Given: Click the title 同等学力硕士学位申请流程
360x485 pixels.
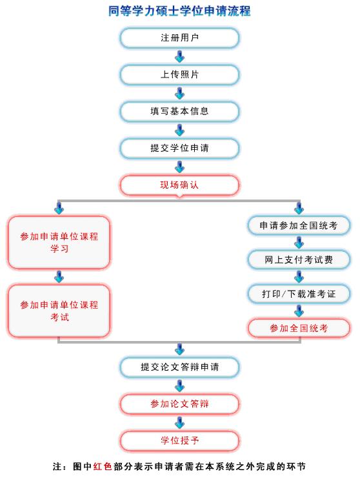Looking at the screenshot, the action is click(x=179, y=11).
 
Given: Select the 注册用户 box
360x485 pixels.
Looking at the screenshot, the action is click(x=179, y=38).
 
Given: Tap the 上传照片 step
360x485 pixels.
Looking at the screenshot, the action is click(x=179, y=74).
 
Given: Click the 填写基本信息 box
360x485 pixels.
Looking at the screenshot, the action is click(x=179, y=111).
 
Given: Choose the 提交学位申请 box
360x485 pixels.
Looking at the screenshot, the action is click(x=179, y=148).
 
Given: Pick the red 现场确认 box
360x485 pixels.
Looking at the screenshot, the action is click(x=179, y=185).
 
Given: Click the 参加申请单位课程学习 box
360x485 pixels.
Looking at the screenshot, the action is click(x=59, y=242).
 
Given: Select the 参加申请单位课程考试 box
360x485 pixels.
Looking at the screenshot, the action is click(x=59, y=311).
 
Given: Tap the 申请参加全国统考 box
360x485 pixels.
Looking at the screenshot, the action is click(x=299, y=225).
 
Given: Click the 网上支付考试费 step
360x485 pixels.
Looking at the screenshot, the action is click(x=299, y=260).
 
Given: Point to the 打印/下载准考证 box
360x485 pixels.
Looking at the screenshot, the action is click(x=299, y=294).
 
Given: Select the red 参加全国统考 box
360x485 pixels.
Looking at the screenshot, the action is click(x=299, y=328).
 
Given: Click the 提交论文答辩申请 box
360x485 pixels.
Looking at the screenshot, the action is click(x=179, y=367).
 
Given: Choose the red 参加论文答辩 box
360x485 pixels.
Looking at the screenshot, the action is click(x=179, y=404).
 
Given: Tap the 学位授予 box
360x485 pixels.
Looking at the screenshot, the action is click(x=179, y=440).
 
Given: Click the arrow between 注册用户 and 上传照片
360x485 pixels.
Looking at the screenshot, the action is click(x=179, y=56).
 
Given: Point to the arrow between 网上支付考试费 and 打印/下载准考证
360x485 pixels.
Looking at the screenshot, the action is click(x=299, y=276).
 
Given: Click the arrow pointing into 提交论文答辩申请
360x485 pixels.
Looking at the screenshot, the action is click(x=179, y=349).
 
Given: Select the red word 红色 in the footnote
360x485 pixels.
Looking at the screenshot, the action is click(x=103, y=466).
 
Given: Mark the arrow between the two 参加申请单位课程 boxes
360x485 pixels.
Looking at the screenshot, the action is click(x=59, y=276).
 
